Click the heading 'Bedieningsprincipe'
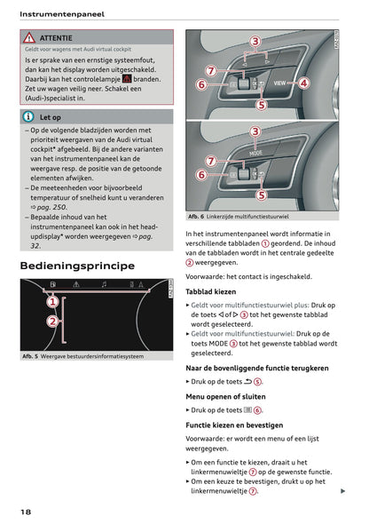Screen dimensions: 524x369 click(x=77, y=266)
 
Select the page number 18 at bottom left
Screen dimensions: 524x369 click(x=27, y=512)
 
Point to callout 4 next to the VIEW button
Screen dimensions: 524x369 click(x=303, y=83)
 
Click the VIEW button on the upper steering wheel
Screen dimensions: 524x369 click(x=279, y=83)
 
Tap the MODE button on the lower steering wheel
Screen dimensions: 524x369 click(x=255, y=152)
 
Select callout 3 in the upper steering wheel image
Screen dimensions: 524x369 click(x=255, y=42)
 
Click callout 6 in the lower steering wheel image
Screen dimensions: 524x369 click(x=200, y=176)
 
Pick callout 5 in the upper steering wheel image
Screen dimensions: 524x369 click(x=261, y=104)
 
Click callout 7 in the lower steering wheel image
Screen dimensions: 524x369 click(x=210, y=161)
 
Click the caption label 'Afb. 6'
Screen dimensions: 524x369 click(x=197, y=217)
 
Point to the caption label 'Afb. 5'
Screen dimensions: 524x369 click(x=33, y=356)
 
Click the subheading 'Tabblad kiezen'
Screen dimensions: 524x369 click(x=210, y=290)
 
